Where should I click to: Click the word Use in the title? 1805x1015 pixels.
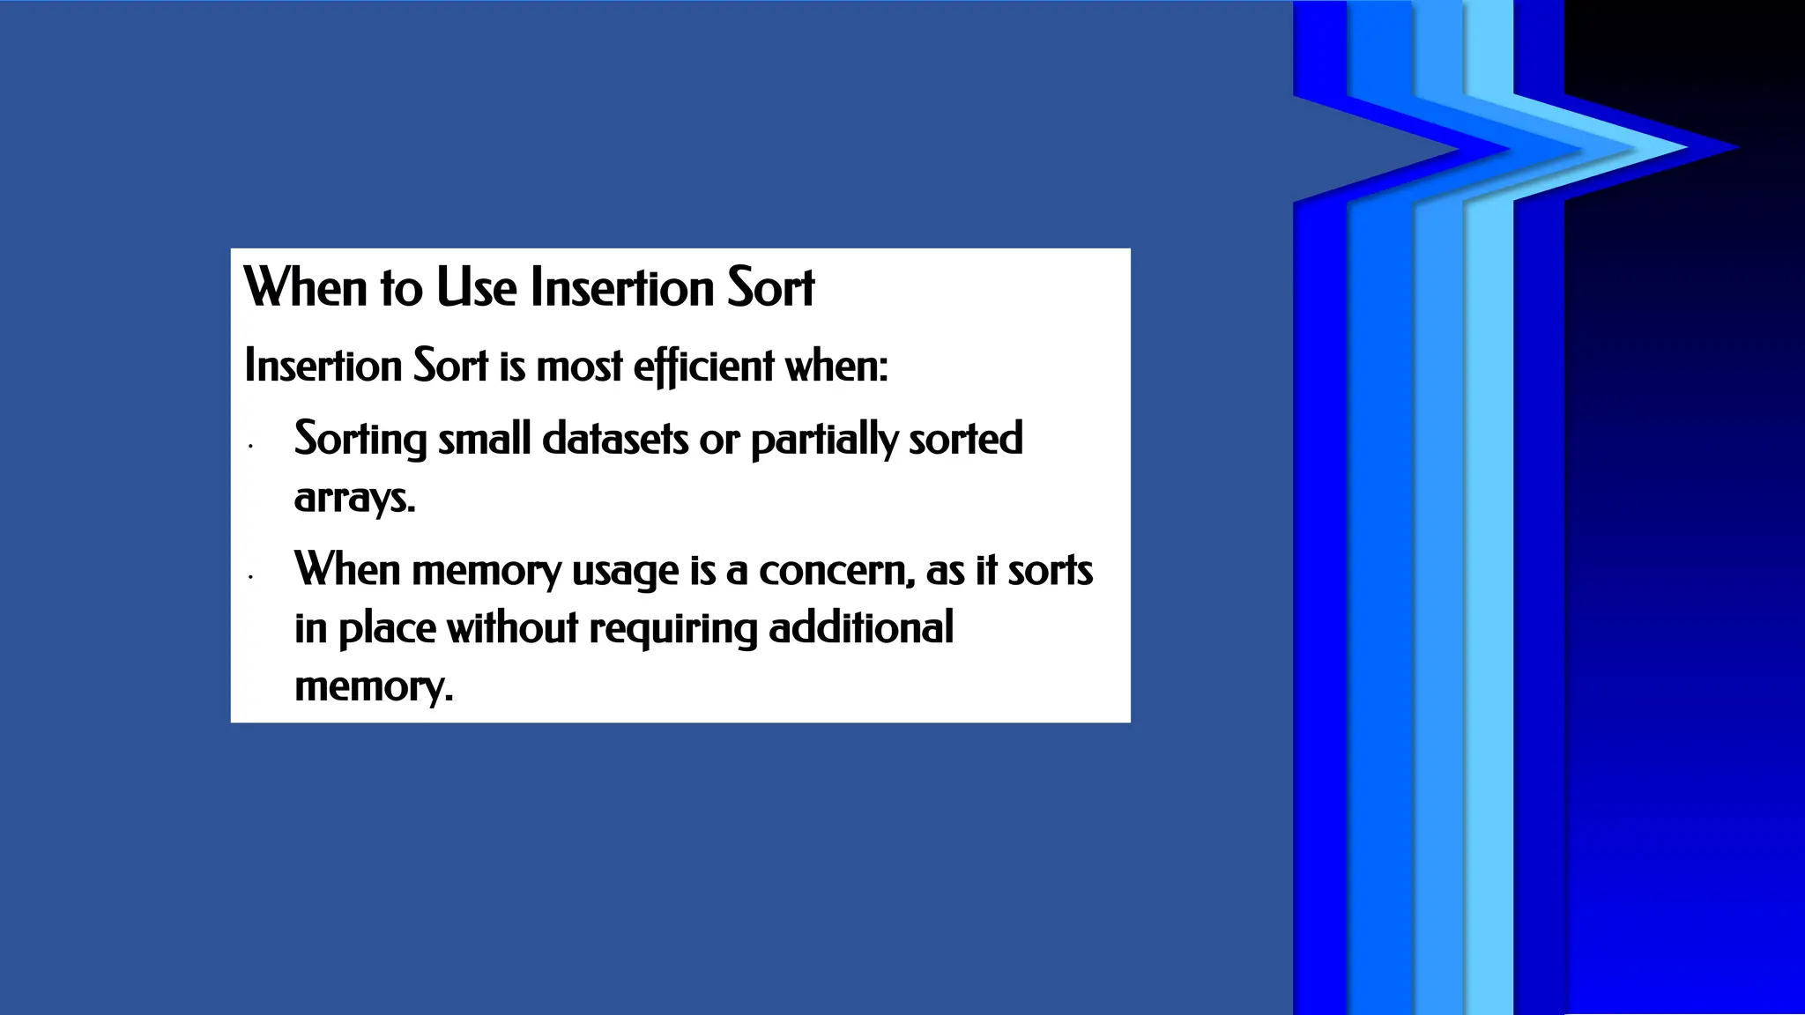click(476, 288)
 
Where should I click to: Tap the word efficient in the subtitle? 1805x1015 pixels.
click(703, 366)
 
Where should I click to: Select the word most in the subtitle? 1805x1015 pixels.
click(579, 366)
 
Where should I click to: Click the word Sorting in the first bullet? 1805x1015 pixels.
click(360, 439)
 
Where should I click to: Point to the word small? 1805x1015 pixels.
click(484, 439)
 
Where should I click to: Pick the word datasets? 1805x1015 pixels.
click(615, 439)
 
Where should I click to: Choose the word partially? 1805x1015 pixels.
click(824, 439)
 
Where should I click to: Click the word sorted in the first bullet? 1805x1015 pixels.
click(965, 439)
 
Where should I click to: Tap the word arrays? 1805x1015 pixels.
click(353, 498)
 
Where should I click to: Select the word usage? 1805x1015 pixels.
click(625, 571)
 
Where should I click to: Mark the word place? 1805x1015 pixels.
click(387, 629)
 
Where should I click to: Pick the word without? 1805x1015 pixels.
click(512, 629)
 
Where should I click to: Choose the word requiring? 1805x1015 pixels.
click(673, 629)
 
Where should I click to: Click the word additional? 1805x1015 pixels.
click(861, 629)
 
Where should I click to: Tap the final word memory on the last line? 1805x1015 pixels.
click(373, 687)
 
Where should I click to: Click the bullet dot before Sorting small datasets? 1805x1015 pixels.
click(251, 447)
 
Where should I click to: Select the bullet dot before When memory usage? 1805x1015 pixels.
click(251, 578)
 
